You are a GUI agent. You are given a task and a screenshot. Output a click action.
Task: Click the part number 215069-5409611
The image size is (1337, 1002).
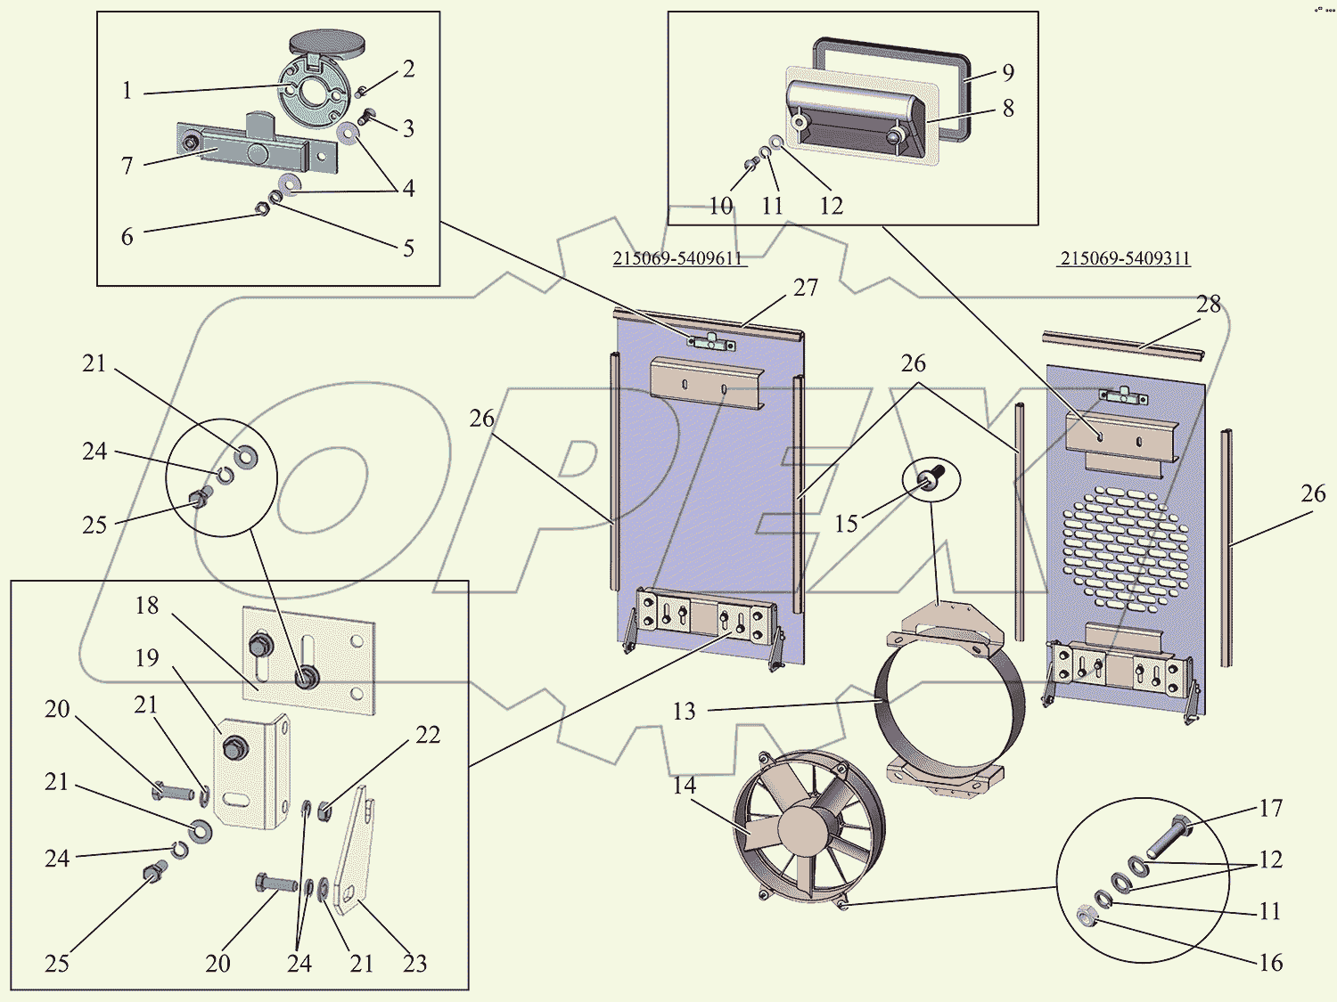pos(677,258)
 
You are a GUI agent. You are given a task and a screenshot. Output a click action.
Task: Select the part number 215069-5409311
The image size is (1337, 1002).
pos(1125,258)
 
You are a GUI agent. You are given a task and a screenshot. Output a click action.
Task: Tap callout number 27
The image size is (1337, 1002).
pos(805,288)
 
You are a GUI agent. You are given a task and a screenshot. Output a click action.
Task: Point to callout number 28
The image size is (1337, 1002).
pos(1209,305)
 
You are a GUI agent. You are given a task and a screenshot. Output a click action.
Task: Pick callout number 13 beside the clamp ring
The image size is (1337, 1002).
pos(684,711)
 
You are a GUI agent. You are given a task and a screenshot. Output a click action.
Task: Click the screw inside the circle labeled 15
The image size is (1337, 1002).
pos(931,478)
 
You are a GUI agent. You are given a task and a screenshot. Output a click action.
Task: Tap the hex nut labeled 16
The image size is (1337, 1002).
pos(1084,915)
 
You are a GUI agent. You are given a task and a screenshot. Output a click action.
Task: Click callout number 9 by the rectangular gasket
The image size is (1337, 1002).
pos(1008,72)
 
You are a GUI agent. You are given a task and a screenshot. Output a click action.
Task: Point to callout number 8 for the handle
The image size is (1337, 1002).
pos(1008,109)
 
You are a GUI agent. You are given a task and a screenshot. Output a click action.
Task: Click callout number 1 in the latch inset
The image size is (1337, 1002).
pos(127,91)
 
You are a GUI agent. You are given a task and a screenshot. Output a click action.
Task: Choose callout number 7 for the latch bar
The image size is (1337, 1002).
pos(127,166)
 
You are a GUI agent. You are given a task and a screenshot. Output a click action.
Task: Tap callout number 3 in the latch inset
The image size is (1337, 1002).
pos(408,128)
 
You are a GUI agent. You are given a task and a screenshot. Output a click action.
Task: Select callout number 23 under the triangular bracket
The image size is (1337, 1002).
pos(414,963)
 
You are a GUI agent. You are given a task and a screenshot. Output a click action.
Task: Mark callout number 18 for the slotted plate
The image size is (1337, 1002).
pos(147,606)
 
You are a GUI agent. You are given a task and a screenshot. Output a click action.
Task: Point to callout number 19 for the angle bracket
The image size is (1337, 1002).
pos(147,657)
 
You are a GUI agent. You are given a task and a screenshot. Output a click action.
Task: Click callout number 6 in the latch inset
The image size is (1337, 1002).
pos(127,237)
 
